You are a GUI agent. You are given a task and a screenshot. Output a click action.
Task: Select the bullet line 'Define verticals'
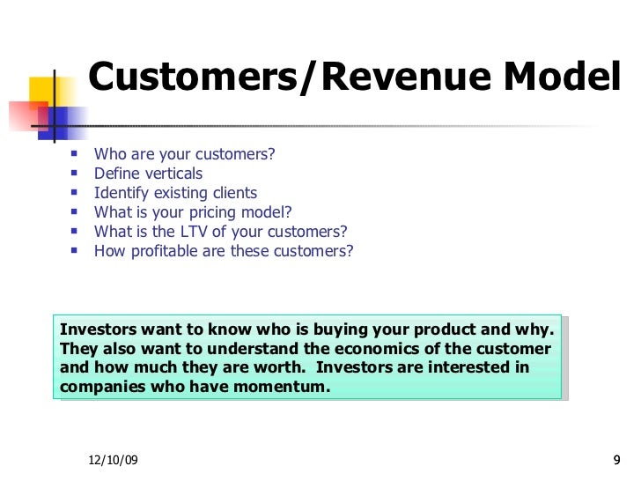(x=148, y=174)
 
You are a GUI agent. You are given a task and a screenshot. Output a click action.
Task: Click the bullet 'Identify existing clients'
(x=175, y=193)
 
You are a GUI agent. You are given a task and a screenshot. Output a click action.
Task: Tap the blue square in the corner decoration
(x=68, y=116)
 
